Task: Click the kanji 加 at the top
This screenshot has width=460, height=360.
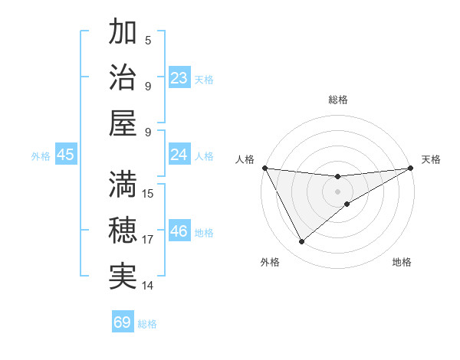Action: pos(123,32)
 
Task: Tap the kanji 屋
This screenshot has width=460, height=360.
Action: pos(123,124)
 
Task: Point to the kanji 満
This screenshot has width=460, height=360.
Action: pos(123,184)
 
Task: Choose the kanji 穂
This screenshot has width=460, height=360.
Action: pos(123,231)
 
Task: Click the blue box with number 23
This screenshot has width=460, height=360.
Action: pos(179,78)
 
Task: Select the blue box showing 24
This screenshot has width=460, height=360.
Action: pos(179,155)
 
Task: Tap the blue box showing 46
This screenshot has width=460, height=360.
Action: pos(179,231)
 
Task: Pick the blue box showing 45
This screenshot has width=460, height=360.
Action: pos(65,155)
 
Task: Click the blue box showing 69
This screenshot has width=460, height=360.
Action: pos(123,322)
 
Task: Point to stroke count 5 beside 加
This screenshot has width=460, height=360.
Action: pos(148,40)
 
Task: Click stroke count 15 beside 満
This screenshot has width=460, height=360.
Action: pos(149,193)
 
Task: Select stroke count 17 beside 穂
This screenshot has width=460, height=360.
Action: pos(149,240)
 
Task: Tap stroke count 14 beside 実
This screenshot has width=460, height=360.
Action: pos(149,286)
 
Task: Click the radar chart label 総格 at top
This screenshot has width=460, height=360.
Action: pos(337,100)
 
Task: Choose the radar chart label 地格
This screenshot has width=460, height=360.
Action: pos(402,262)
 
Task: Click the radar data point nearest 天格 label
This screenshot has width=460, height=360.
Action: pos(410,168)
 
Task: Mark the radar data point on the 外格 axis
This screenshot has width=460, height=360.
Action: pos(301,242)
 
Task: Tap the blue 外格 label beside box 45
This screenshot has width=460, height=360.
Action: pos(41,155)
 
